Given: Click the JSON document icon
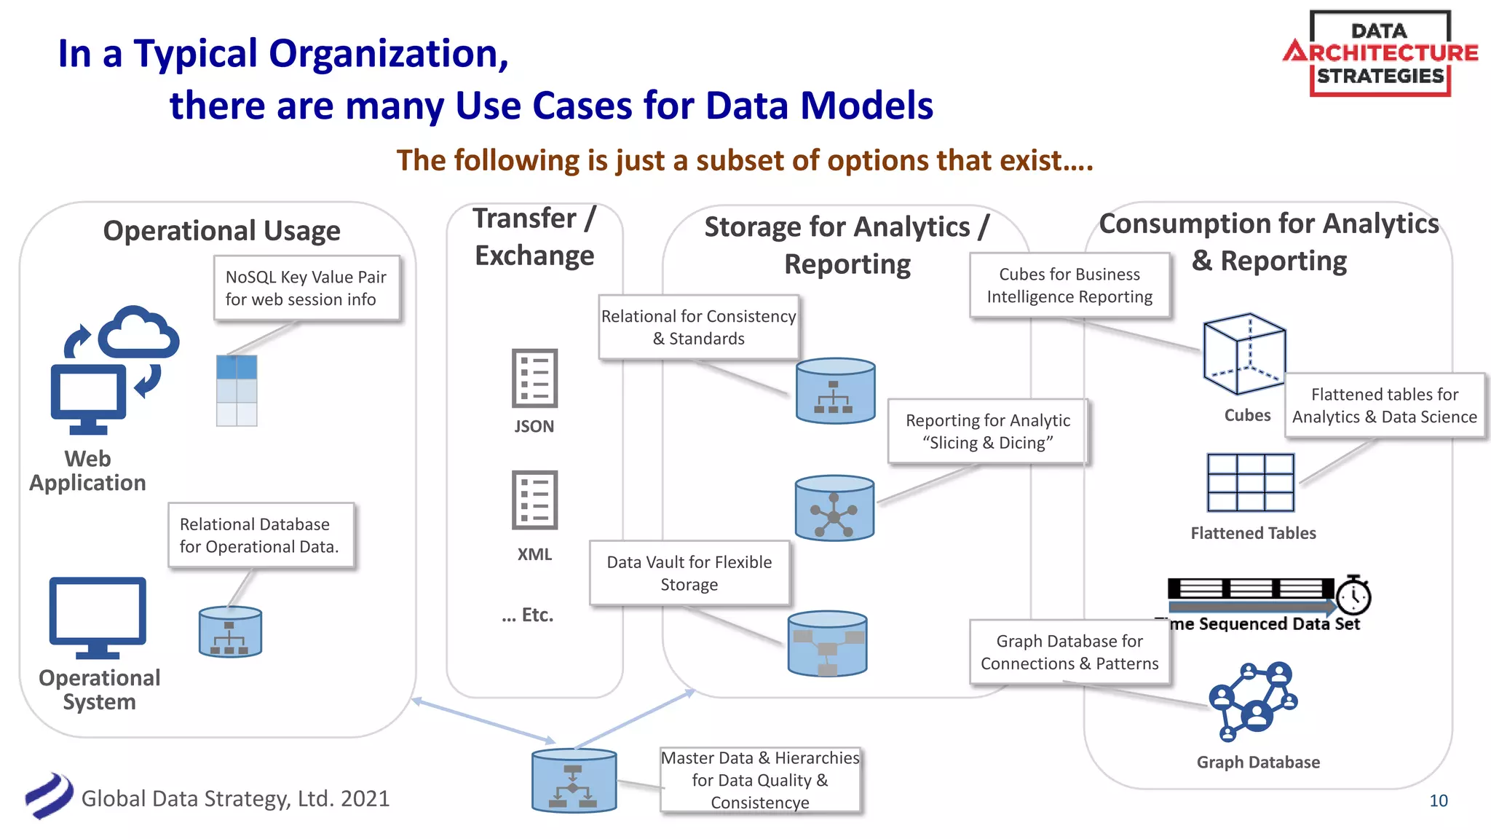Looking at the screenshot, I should (534, 378).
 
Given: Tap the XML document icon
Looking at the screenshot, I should (534, 500).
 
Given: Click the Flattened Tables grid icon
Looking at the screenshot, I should (1250, 482).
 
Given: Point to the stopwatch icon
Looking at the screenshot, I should (1353, 595).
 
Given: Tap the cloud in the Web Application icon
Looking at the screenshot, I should (138, 332).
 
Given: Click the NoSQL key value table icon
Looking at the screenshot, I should (237, 390).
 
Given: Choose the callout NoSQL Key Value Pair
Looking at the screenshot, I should (306, 288).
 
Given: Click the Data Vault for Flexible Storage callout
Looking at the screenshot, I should (689, 572).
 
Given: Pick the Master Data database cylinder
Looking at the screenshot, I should (574, 780).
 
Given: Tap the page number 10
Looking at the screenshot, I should (1438, 800).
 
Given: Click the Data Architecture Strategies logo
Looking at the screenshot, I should (1380, 53).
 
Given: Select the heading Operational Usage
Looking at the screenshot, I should (221, 231).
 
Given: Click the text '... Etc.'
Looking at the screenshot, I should (527, 615).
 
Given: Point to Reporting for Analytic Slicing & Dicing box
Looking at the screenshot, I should (987, 431).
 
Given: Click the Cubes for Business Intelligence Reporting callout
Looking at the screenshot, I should (1069, 285).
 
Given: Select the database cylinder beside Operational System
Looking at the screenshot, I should (230, 631).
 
